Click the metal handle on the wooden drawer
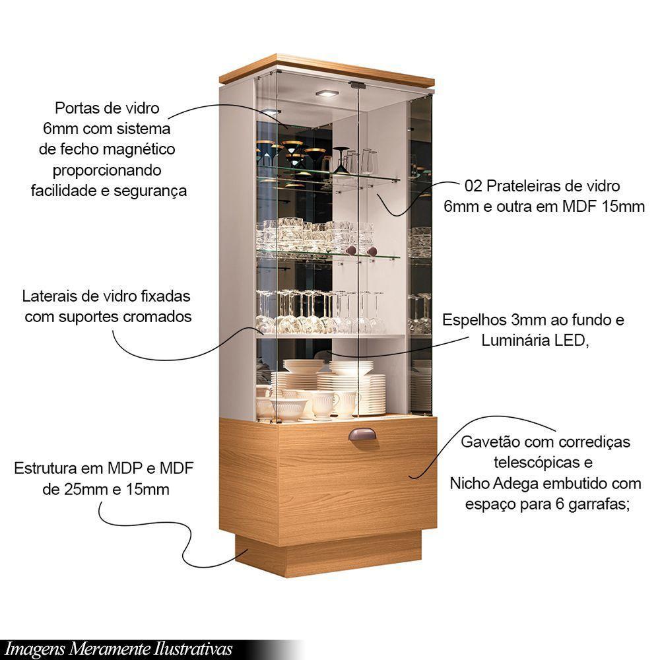[x=362, y=437]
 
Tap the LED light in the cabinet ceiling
[x=326, y=93]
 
